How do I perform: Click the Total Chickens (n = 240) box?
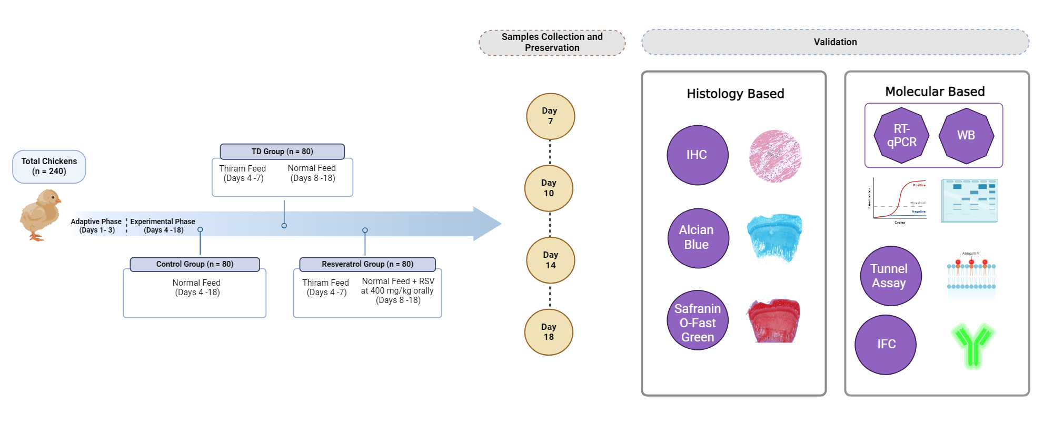[x=49, y=166]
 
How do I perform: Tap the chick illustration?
[x=40, y=215]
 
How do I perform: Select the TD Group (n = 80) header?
[x=282, y=152]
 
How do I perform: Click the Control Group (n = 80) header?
[x=195, y=264]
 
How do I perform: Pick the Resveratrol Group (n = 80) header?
[x=367, y=264]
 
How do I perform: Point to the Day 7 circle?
[x=550, y=116]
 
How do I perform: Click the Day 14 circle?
[x=550, y=260]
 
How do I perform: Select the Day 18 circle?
[x=549, y=332]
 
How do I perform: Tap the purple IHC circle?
[x=697, y=155]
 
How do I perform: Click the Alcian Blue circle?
[x=698, y=238]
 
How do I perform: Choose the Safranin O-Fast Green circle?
[x=698, y=320]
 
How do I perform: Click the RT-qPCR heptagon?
[x=901, y=135]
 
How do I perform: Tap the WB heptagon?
[x=966, y=135]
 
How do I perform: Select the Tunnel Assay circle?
[x=890, y=276]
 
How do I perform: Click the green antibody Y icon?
[x=972, y=345]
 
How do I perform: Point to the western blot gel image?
[x=969, y=200]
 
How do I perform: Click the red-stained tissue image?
[x=773, y=320]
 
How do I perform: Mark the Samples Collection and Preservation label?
[x=552, y=43]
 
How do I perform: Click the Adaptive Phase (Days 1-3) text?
[x=96, y=226]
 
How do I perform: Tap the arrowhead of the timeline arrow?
[x=488, y=224]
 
